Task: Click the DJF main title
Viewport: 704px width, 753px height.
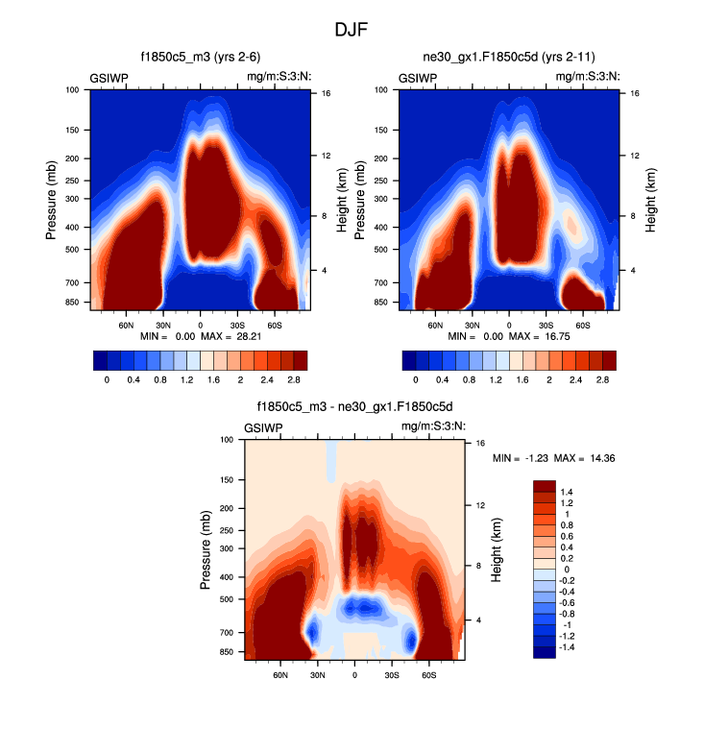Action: point(352,29)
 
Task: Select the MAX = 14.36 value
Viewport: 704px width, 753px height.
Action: point(592,458)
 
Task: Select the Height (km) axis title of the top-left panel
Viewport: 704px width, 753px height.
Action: point(342,201)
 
